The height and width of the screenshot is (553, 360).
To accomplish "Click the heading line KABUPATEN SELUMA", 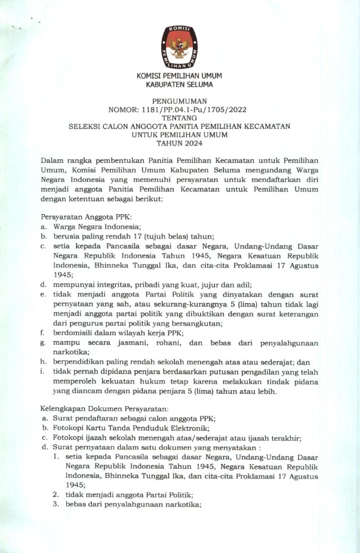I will (179, 85).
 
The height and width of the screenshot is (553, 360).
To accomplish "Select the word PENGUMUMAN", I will (179, 102).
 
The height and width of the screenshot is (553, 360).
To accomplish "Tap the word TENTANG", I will (179, 118).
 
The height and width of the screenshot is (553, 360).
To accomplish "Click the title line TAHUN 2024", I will (179, 143).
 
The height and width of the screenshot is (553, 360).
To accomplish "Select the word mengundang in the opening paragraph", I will (257, 169).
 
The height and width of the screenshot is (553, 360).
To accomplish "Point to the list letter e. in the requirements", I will (43, 294).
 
